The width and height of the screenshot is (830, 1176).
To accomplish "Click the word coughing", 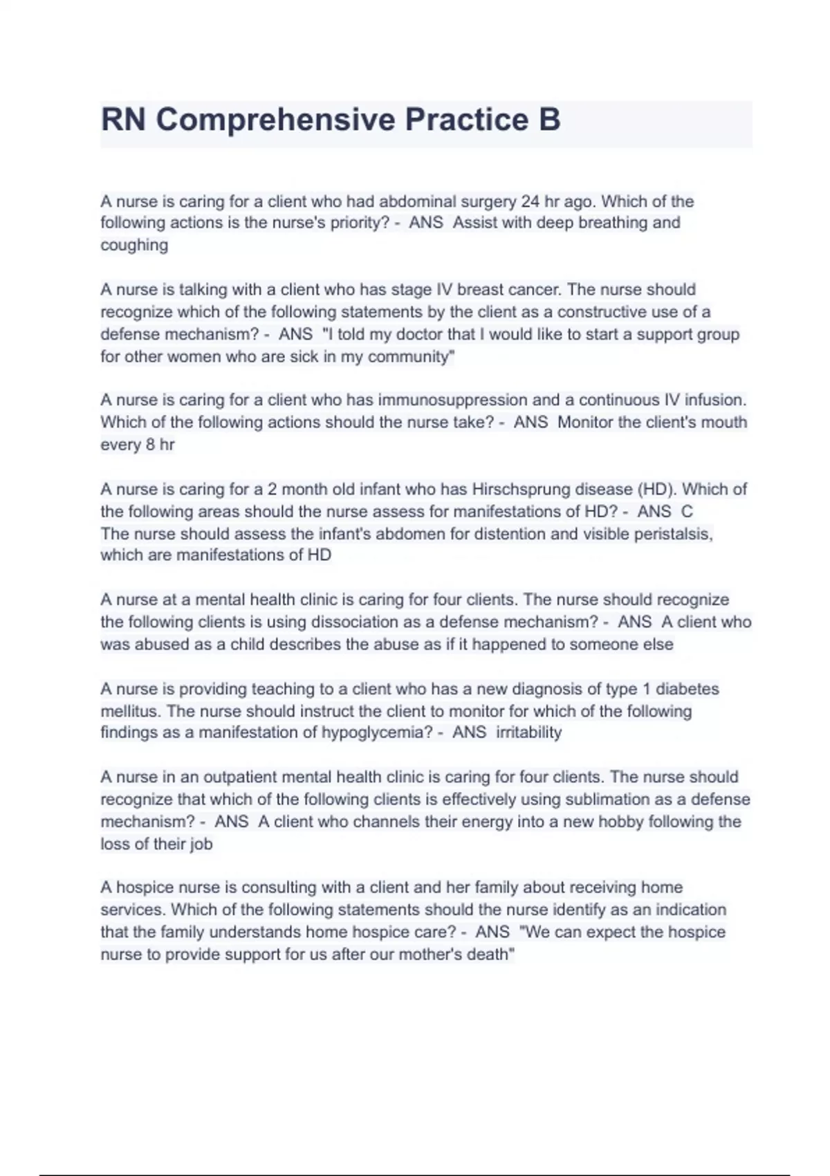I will [x=134, y=245].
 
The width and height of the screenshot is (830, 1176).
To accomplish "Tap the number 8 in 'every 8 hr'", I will [x=150, y=444].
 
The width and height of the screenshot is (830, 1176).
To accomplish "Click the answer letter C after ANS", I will [x=687, y=511].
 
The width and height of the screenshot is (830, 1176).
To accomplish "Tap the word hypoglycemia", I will [x=377, y=733].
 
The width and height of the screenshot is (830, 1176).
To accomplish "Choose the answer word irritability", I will [x=528, y=733].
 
